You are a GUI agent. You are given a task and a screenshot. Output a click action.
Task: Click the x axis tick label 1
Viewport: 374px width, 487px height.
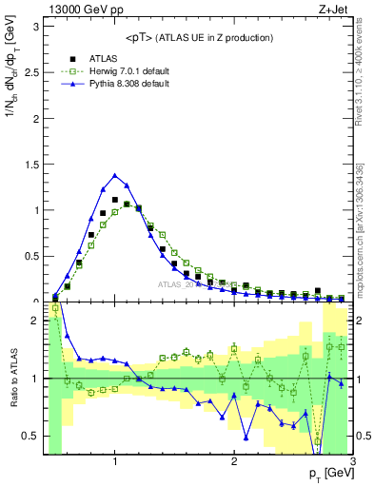click(115, 461)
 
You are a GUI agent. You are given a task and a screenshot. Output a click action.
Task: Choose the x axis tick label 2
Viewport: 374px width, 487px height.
click(234, 461)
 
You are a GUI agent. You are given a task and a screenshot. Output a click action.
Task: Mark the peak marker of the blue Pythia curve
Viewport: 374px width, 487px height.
click(115, 175)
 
